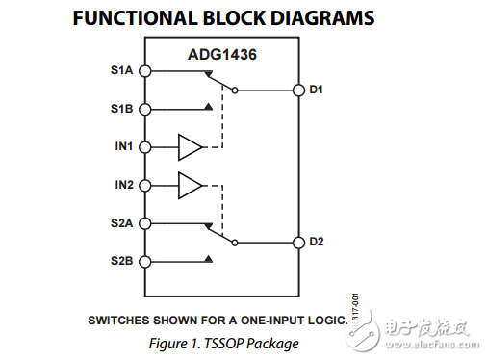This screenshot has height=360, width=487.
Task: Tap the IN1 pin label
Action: point(124,147)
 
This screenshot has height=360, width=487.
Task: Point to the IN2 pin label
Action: point(124,184)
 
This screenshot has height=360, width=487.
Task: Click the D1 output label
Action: point(316,90)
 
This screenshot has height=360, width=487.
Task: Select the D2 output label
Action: point(316,241)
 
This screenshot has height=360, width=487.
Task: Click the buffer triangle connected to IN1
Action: point(190,147)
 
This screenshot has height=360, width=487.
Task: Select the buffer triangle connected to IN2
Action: point(190,185)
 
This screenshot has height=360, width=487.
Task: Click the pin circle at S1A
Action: point(144,70)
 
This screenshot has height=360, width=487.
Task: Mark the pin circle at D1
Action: point(298,91)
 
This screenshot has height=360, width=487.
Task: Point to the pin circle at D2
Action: point(298,242)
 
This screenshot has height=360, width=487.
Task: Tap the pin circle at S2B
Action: point(144,261)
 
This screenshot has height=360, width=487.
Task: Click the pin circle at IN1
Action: point(144,147)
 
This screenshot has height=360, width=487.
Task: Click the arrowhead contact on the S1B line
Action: point(209,108)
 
